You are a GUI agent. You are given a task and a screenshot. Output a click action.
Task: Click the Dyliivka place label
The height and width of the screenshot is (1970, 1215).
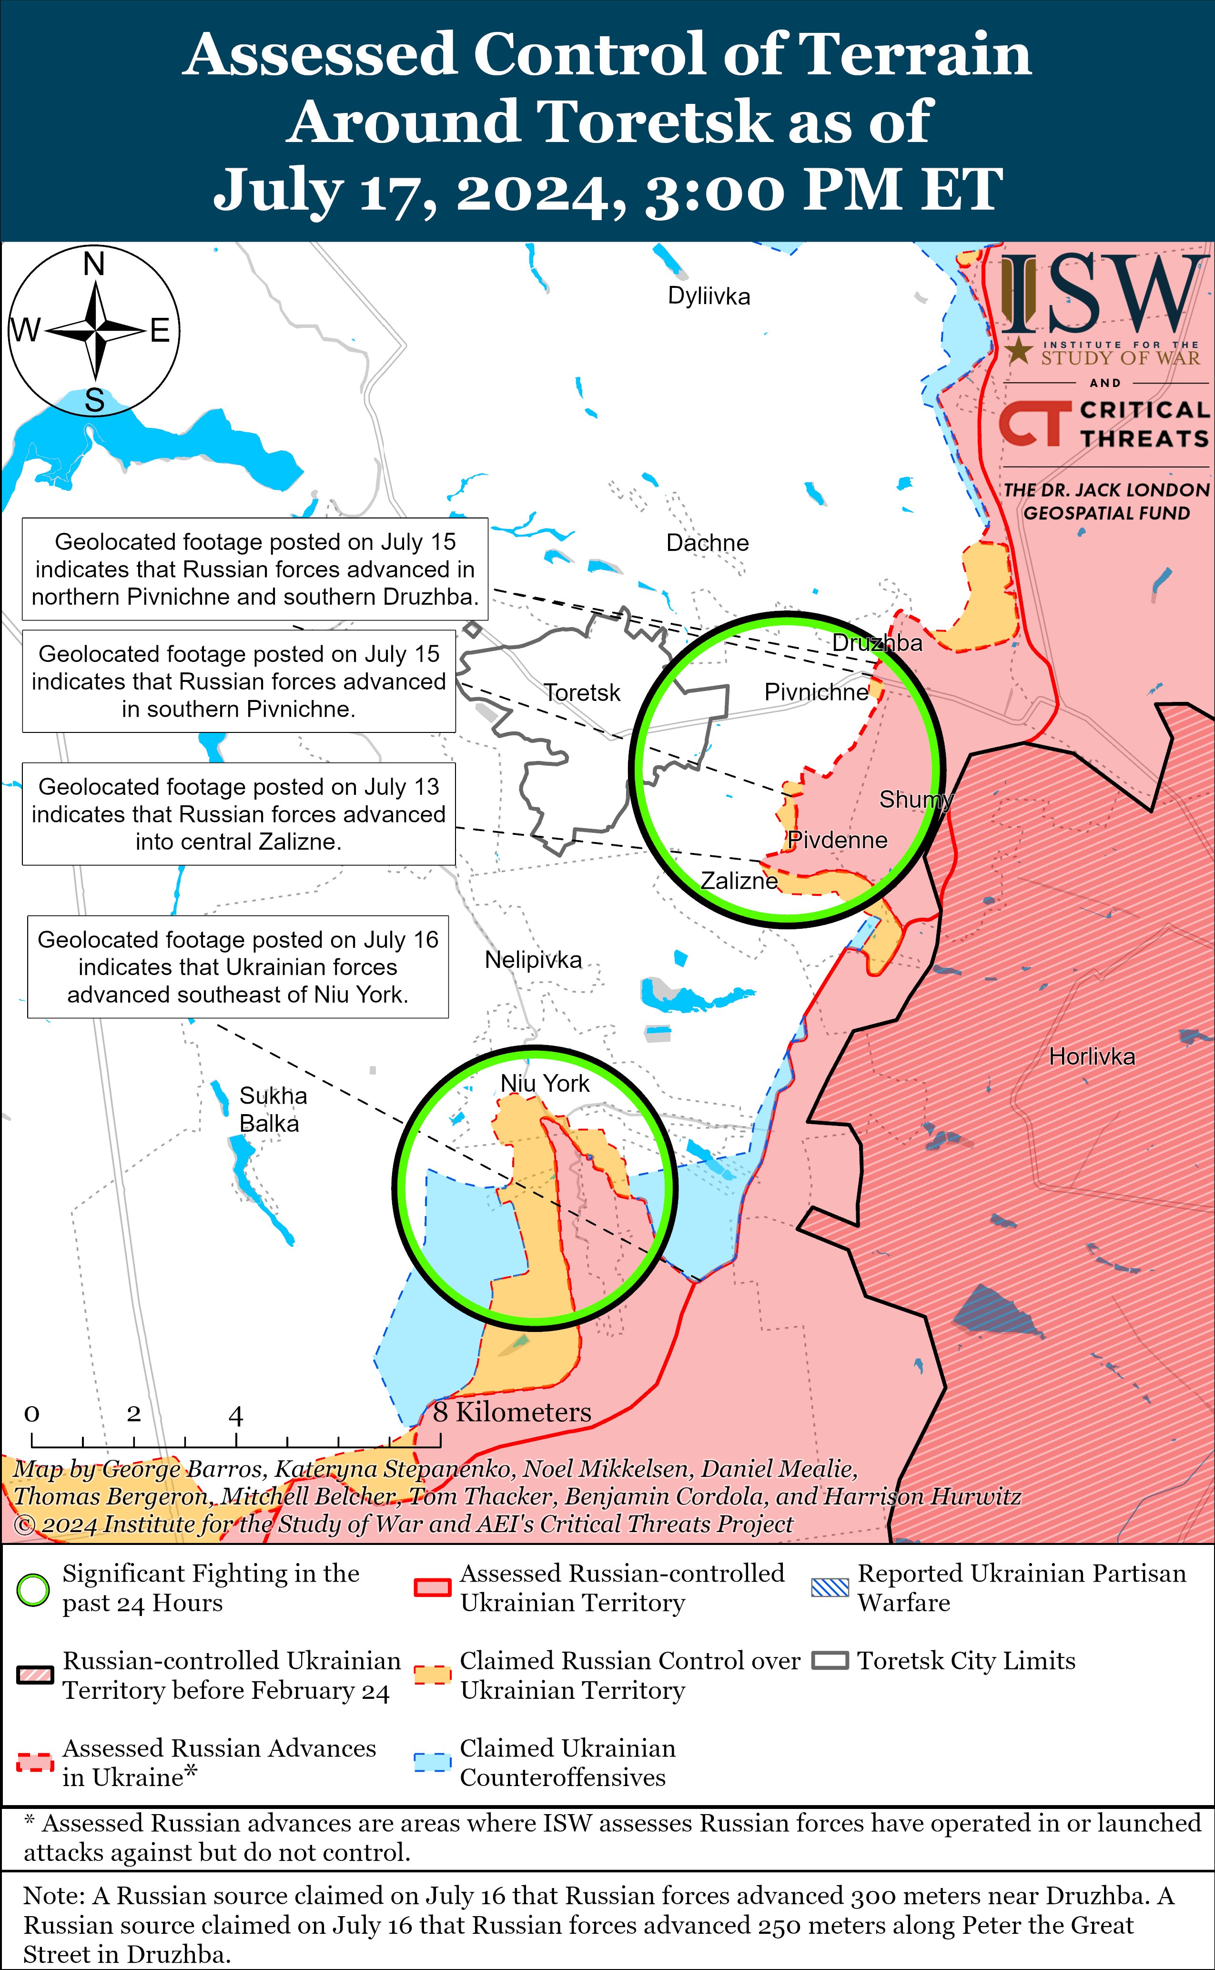point(709,296)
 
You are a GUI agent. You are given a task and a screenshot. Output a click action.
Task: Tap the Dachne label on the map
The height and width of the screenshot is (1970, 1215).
point(707,543)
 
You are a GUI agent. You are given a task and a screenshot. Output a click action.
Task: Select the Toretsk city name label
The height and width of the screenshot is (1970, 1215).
point(582,692)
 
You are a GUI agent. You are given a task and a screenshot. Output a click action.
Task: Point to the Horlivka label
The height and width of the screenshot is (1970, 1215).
point(1092,1056)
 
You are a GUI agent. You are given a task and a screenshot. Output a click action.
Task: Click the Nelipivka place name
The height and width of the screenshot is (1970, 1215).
point(533,960)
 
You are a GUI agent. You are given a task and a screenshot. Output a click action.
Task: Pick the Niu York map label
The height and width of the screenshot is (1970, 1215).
point(545,1084)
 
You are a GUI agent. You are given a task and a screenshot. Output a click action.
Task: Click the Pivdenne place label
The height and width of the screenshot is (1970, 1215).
point(837,841)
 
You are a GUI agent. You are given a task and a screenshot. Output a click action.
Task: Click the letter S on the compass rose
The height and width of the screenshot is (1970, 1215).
point(95,400)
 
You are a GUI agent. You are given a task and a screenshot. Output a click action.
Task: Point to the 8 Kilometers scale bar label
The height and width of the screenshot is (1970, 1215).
point(512,1412)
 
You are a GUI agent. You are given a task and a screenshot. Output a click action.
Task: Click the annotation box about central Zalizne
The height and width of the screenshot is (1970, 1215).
point(239,814)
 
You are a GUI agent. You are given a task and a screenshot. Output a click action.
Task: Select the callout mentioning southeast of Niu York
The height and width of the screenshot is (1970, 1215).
point(238,966)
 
